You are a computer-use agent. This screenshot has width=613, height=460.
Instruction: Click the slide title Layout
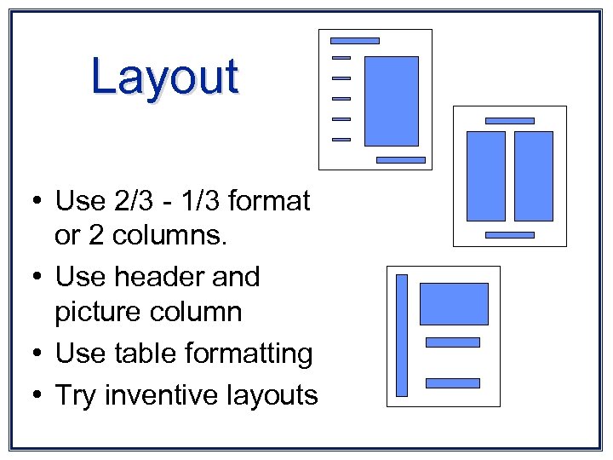click(x=165, y=77)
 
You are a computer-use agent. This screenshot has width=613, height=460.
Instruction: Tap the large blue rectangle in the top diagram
click(x=392, y=101)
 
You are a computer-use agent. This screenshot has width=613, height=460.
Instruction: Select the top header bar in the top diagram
click(x=354, y=41)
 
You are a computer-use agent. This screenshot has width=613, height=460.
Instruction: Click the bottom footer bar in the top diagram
click(x=400, y=159)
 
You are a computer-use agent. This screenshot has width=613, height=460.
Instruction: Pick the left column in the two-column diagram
click(x=486, y=176)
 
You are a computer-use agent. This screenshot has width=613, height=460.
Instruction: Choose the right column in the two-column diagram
click(x=534, y=176)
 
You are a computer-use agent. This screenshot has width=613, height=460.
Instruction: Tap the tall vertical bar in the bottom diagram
click(x=402, y=335)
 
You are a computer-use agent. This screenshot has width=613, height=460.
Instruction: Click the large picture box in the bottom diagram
click(x=454, y=304)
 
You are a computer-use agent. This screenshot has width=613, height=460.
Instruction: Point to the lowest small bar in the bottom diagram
click(x=452, y=383)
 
